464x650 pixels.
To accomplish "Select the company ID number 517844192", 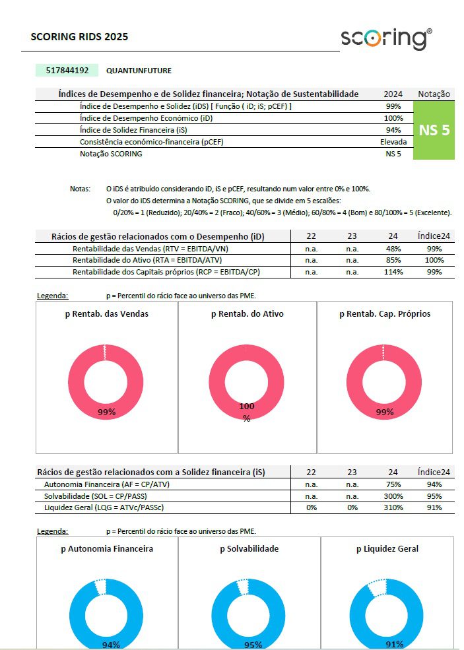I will point(67,70).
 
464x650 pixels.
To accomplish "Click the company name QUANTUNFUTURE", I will point(139,71).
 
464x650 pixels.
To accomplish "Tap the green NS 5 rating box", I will point(434,130).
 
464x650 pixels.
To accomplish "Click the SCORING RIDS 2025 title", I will point(79,37).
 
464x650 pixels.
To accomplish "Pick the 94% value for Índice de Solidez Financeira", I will point(393,130).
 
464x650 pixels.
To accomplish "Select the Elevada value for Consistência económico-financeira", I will point(393,142).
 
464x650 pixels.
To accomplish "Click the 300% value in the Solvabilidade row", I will point(393,496).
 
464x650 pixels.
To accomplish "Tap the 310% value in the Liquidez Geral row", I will point(393,507).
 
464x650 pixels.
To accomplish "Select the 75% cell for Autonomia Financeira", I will point(393,484).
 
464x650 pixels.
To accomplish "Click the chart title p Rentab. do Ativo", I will point(247,314).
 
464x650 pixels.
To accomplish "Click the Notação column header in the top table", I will point(434,94).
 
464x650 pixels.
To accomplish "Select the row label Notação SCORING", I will point(110,154).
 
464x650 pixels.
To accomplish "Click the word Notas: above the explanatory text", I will point(80,189).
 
